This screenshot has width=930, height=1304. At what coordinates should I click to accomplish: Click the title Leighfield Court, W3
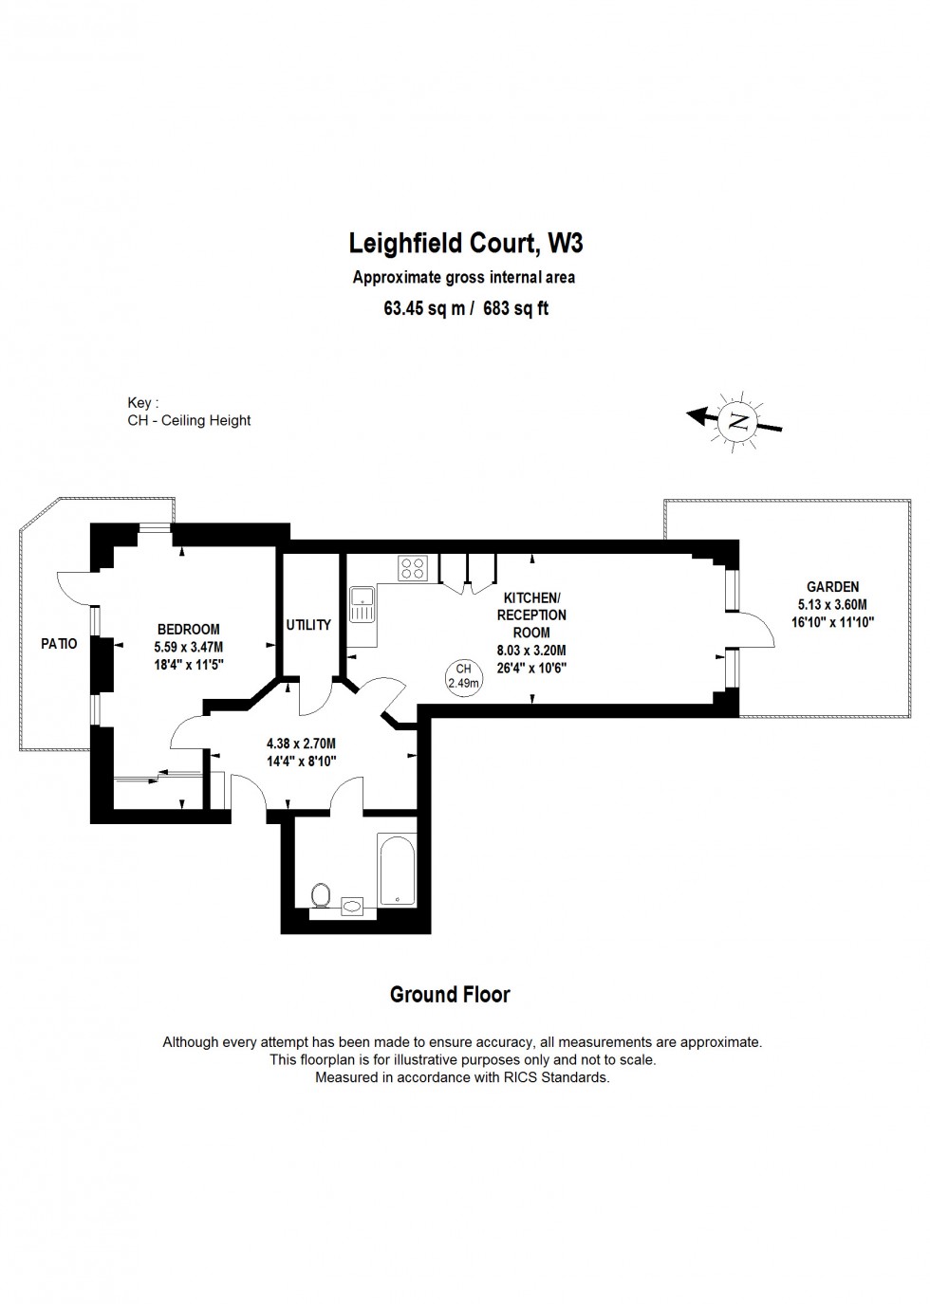466,244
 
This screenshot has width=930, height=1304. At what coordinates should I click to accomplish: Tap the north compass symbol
736,420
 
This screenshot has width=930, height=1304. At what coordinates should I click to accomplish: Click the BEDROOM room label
188,629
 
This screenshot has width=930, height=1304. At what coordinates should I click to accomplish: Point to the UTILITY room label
308,625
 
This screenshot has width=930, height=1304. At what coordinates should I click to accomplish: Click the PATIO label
59,644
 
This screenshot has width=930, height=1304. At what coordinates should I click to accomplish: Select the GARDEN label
832,587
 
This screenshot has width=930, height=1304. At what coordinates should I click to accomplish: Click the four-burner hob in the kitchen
413,568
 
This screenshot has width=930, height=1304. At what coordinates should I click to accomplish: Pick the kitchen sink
363,604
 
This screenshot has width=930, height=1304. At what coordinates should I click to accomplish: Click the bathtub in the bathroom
397,870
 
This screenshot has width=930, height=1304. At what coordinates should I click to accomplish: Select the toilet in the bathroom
321,894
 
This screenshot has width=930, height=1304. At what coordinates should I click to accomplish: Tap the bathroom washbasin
352,906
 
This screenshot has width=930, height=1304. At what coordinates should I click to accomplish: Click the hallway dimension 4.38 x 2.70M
301,744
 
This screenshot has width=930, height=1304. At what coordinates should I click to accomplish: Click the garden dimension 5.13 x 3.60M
832,604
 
